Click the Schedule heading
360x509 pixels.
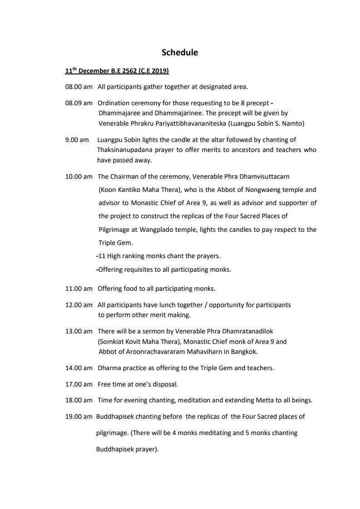(x=180, y=52)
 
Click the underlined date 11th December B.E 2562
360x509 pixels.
(x=117, y=71)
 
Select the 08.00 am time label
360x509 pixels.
(x=79, y=86)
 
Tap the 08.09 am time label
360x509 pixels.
(x=79, y=103)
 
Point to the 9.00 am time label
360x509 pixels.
(x=77, y=140)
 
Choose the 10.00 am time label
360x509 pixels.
(x=79, y=176)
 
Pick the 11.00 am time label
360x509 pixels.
(x=79, y=289)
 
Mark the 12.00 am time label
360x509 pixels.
(x=79, y=305)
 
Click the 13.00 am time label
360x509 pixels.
(x=79, y=331)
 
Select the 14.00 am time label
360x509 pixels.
(x=79, y=368)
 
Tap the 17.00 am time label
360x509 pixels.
(x=79, y=384)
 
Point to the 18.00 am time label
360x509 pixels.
(x=79, y=400)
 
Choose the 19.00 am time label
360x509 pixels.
(x=79, y=416)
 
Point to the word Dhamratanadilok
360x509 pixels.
(x=247, y=331)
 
